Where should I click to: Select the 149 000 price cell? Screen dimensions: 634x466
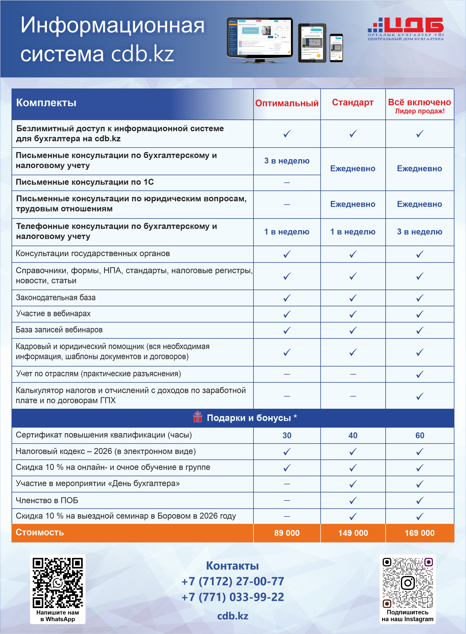point(353,533)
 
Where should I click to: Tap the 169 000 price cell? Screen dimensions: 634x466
point(420,533)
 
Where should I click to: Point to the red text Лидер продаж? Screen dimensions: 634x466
point(420,111)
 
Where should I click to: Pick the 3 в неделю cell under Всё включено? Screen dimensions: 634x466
point(420,232)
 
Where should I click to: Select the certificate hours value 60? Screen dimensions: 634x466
point(420,435)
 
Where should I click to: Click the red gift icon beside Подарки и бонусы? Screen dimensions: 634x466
point(198,417)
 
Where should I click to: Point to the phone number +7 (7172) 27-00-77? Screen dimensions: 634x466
point(233,581)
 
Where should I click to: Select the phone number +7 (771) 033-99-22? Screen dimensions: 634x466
point(233,597)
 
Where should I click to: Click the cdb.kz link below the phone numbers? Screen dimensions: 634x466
point(233,616)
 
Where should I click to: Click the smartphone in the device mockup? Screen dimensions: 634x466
point(336,48)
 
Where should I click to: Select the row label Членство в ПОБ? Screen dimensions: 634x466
point(47,500)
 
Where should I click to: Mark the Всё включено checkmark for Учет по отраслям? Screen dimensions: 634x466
point(420,374)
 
